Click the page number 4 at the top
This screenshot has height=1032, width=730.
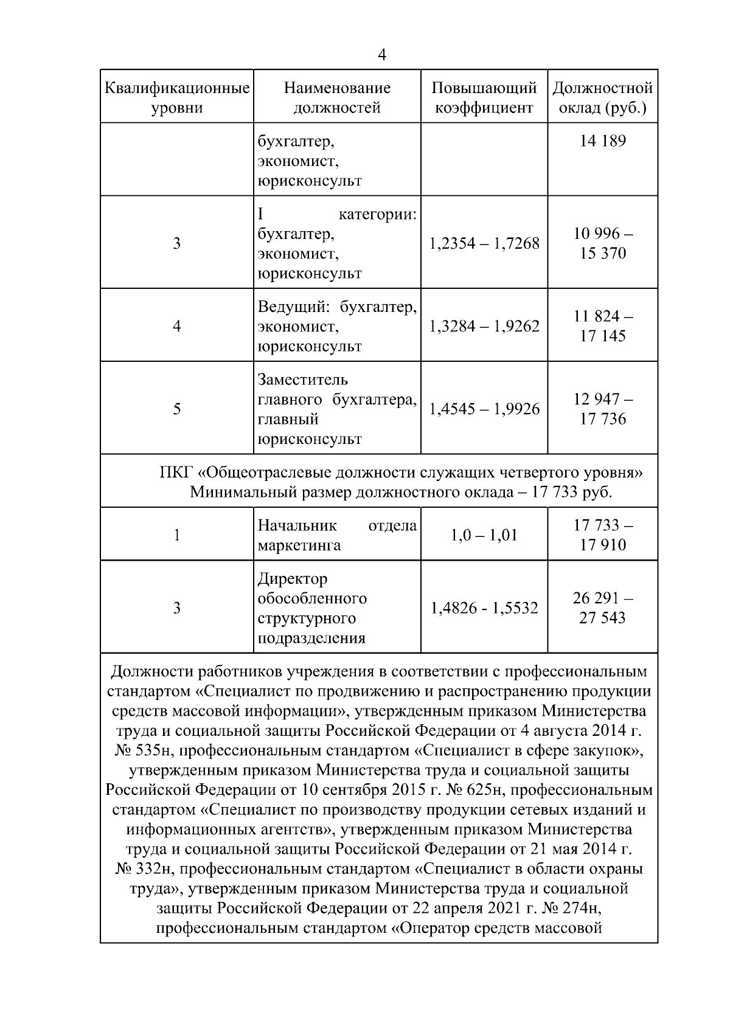[381, 55]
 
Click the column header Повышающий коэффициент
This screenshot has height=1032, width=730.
[484, 98]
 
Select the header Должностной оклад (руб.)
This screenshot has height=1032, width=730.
[602, 98]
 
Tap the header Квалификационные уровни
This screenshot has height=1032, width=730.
[177, 98]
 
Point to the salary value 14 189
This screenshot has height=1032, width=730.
[602, 141]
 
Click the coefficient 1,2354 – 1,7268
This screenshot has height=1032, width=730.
[484, 243]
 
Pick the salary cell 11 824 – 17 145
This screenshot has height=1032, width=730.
[602, 326]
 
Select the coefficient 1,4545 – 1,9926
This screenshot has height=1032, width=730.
[484, 409]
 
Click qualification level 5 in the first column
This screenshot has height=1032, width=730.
[176, 409]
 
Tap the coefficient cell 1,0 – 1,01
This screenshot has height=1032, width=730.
[484, 535]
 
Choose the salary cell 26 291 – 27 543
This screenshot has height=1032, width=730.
[602, 608]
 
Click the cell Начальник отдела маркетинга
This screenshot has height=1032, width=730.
[337, 535]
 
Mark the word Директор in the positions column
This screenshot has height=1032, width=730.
[293, 578]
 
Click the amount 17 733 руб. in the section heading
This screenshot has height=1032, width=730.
[571, 492]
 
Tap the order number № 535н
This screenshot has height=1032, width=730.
[141, 750]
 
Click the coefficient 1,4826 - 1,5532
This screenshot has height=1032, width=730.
[484, 608]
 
